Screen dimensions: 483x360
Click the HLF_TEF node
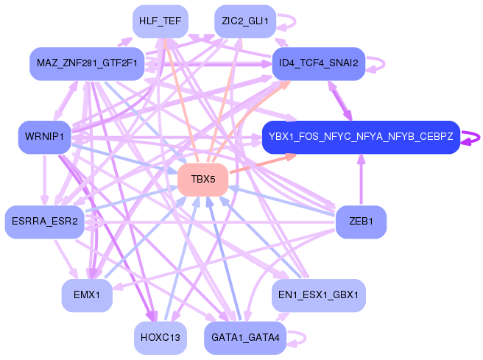[x=161, y=21]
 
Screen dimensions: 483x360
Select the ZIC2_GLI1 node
[x=245, y=21]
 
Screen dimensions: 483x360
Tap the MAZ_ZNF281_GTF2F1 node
[x=87, y=64]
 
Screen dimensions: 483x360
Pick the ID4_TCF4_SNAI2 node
[x=319, y=64]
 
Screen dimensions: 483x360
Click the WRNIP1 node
[x=45, y=137]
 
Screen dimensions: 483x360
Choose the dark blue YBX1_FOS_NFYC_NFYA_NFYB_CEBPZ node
[x=361, y=137]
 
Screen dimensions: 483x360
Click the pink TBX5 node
[x=203, y=180]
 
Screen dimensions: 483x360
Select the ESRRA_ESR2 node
[x=45, y=222]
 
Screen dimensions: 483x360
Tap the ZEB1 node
[x=361, y=222]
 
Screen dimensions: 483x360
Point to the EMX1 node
[x=87, y=295]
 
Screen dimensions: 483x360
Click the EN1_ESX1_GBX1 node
[x=319, y=295]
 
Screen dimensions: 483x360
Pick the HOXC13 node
[x=161, y=338]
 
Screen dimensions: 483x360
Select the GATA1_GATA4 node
[x=245, y=338]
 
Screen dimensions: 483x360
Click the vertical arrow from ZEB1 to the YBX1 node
[x=361, y=180]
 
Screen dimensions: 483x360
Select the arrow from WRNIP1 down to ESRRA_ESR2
[x=45, y=180]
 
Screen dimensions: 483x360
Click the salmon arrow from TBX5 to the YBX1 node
[x=262, y=163]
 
